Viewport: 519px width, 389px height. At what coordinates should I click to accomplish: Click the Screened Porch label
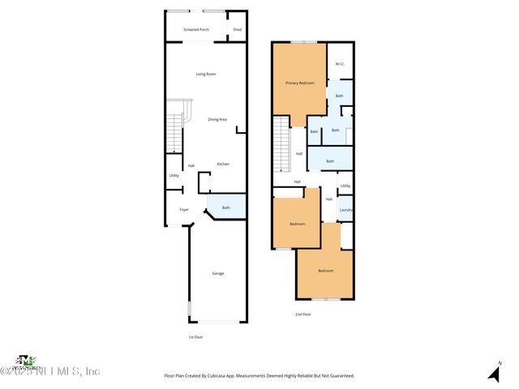click(195, 29)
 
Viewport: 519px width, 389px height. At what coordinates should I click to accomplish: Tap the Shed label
click(237, 29)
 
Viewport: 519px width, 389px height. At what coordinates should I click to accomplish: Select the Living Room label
click(206, 75)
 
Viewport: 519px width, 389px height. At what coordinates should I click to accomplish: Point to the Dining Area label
click(217, 119)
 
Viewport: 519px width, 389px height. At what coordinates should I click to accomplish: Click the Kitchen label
click(223, 165)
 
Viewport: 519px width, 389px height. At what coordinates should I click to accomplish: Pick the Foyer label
click(184, 209)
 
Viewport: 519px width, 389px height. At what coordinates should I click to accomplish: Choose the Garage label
click(218, 273)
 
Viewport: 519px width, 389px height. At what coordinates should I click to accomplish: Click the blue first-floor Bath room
click(226, 207)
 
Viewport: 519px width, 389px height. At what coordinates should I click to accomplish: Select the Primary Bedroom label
click(299, 83)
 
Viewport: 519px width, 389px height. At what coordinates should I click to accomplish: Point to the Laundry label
click(345, 210)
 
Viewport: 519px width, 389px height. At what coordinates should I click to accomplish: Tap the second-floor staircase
click(280, 143)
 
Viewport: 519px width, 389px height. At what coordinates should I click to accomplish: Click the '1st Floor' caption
click(195, 336)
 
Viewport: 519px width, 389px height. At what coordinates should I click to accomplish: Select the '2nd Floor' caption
click(302, 314)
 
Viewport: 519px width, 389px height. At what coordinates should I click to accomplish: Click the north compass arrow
click(493, 373)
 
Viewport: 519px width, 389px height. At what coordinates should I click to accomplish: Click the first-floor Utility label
click(174, 175)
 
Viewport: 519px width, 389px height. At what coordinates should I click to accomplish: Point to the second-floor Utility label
click(345, 186)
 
